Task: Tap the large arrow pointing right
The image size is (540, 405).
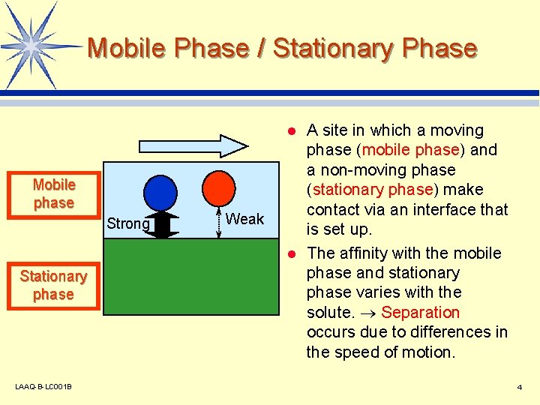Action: [x=192, y=145]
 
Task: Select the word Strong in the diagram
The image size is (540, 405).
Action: [x=127, y=223]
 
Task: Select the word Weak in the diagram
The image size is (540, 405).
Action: [x=244, y=219]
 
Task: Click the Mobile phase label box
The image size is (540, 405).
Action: [x=54, y=194]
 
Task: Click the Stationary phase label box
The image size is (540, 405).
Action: [x=53, y=286]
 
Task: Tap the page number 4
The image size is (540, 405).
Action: [x=519, y=387]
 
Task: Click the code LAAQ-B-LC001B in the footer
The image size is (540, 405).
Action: [x=43, y=387]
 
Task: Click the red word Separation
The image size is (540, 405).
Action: [x=420, y=312]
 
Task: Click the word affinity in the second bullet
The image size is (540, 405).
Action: [x=365, y=253]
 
